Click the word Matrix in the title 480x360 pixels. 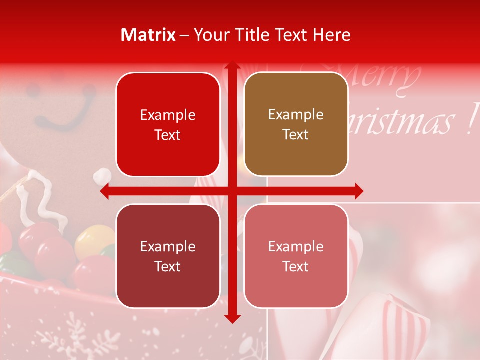(x=148, y=35)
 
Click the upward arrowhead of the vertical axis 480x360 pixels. (x=232, y=66)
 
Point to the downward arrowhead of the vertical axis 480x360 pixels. (x=232, y=318)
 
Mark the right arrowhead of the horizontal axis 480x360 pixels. (x=358, y=191)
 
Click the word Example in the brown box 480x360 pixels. (x=296, y=115)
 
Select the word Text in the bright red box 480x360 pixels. (x=168, y=135)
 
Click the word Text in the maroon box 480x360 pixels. (x=168, y=266)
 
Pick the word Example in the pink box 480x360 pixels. (x=296, y=246)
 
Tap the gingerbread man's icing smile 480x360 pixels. (x=62, y=117)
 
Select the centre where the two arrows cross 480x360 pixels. (x=232, y=191)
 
